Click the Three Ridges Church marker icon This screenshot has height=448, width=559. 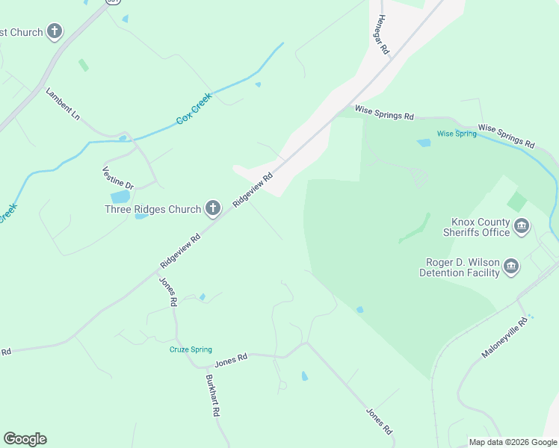(213, 209)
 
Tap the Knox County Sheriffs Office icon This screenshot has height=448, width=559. (522, 226)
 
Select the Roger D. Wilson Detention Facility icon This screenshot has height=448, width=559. (511, 267)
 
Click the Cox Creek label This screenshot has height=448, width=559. (194, 108)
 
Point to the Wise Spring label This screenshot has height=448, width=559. (456, 134)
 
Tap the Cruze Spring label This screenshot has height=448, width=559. (191, 349)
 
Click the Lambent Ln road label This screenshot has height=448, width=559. (63, 104)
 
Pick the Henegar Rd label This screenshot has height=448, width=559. (383, 34)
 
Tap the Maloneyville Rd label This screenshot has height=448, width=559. (505, 337)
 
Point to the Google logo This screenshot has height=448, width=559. (25, 439)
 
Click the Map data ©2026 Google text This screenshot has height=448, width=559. (513, 442)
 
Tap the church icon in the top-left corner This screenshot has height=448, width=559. (54, 31)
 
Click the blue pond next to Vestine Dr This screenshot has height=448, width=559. (120, 197)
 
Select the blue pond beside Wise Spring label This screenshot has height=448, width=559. (424, 142)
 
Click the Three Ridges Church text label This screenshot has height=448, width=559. (152, 210)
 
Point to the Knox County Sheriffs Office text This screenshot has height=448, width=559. (481, 227)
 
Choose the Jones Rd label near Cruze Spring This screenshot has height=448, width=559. (231, 360)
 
